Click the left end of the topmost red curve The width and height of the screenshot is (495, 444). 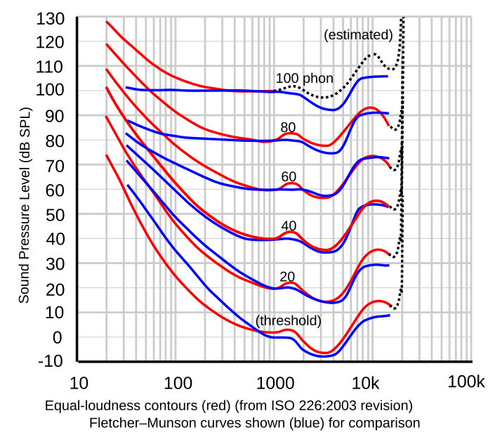click(x=107, y=22)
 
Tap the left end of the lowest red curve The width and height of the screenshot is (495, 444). click(x=107, y=156)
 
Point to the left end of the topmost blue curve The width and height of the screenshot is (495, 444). click(x=126, y=89)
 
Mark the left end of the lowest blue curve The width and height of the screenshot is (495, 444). click(x=127, y=185)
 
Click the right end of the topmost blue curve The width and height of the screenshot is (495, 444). click(x=388, y=76)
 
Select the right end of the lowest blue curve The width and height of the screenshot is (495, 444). click(x=389, y=315)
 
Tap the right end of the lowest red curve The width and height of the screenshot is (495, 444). click(x=390, y=304)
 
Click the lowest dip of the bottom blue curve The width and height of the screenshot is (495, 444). click(x=324, y=355)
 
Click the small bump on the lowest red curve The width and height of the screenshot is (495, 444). click(x=289, y=329)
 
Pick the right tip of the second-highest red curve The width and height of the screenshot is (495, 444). click(x=390, y=126)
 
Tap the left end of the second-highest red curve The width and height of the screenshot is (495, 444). click(x=107, y=44)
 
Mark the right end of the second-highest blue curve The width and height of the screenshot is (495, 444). click(x=388, y=112)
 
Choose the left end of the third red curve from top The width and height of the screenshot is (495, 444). click(x=107, y=70)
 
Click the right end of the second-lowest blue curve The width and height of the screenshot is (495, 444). click(x=389, y=265)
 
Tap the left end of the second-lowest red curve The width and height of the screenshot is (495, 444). click(x=107, y=117)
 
